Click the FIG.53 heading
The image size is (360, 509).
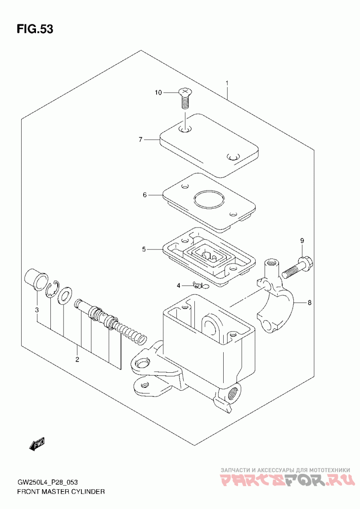pyautogui.click(x=35, y=29)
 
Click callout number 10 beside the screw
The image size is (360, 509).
pyautogui.click(x=158, y=93)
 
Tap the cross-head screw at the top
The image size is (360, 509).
pyautogui.click(x=184, y=98)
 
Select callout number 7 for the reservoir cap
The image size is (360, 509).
pyautogui.click(x=140, y=139)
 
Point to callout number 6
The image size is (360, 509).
pyautogui.click(x=145, y=195)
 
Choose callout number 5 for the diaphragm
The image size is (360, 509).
pyautogui.click(x=144, y=249)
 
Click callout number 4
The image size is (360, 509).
pyautogui.click(x=178, y=286)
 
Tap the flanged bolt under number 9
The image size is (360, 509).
pyautogui.click(x=297, y=275)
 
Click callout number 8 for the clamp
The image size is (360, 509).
pyautogui.click(x=309, y=303)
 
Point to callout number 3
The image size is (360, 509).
pyautogui.click(x=37, y=310)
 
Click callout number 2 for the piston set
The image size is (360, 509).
pyautogui.click(x=77, y=359)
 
